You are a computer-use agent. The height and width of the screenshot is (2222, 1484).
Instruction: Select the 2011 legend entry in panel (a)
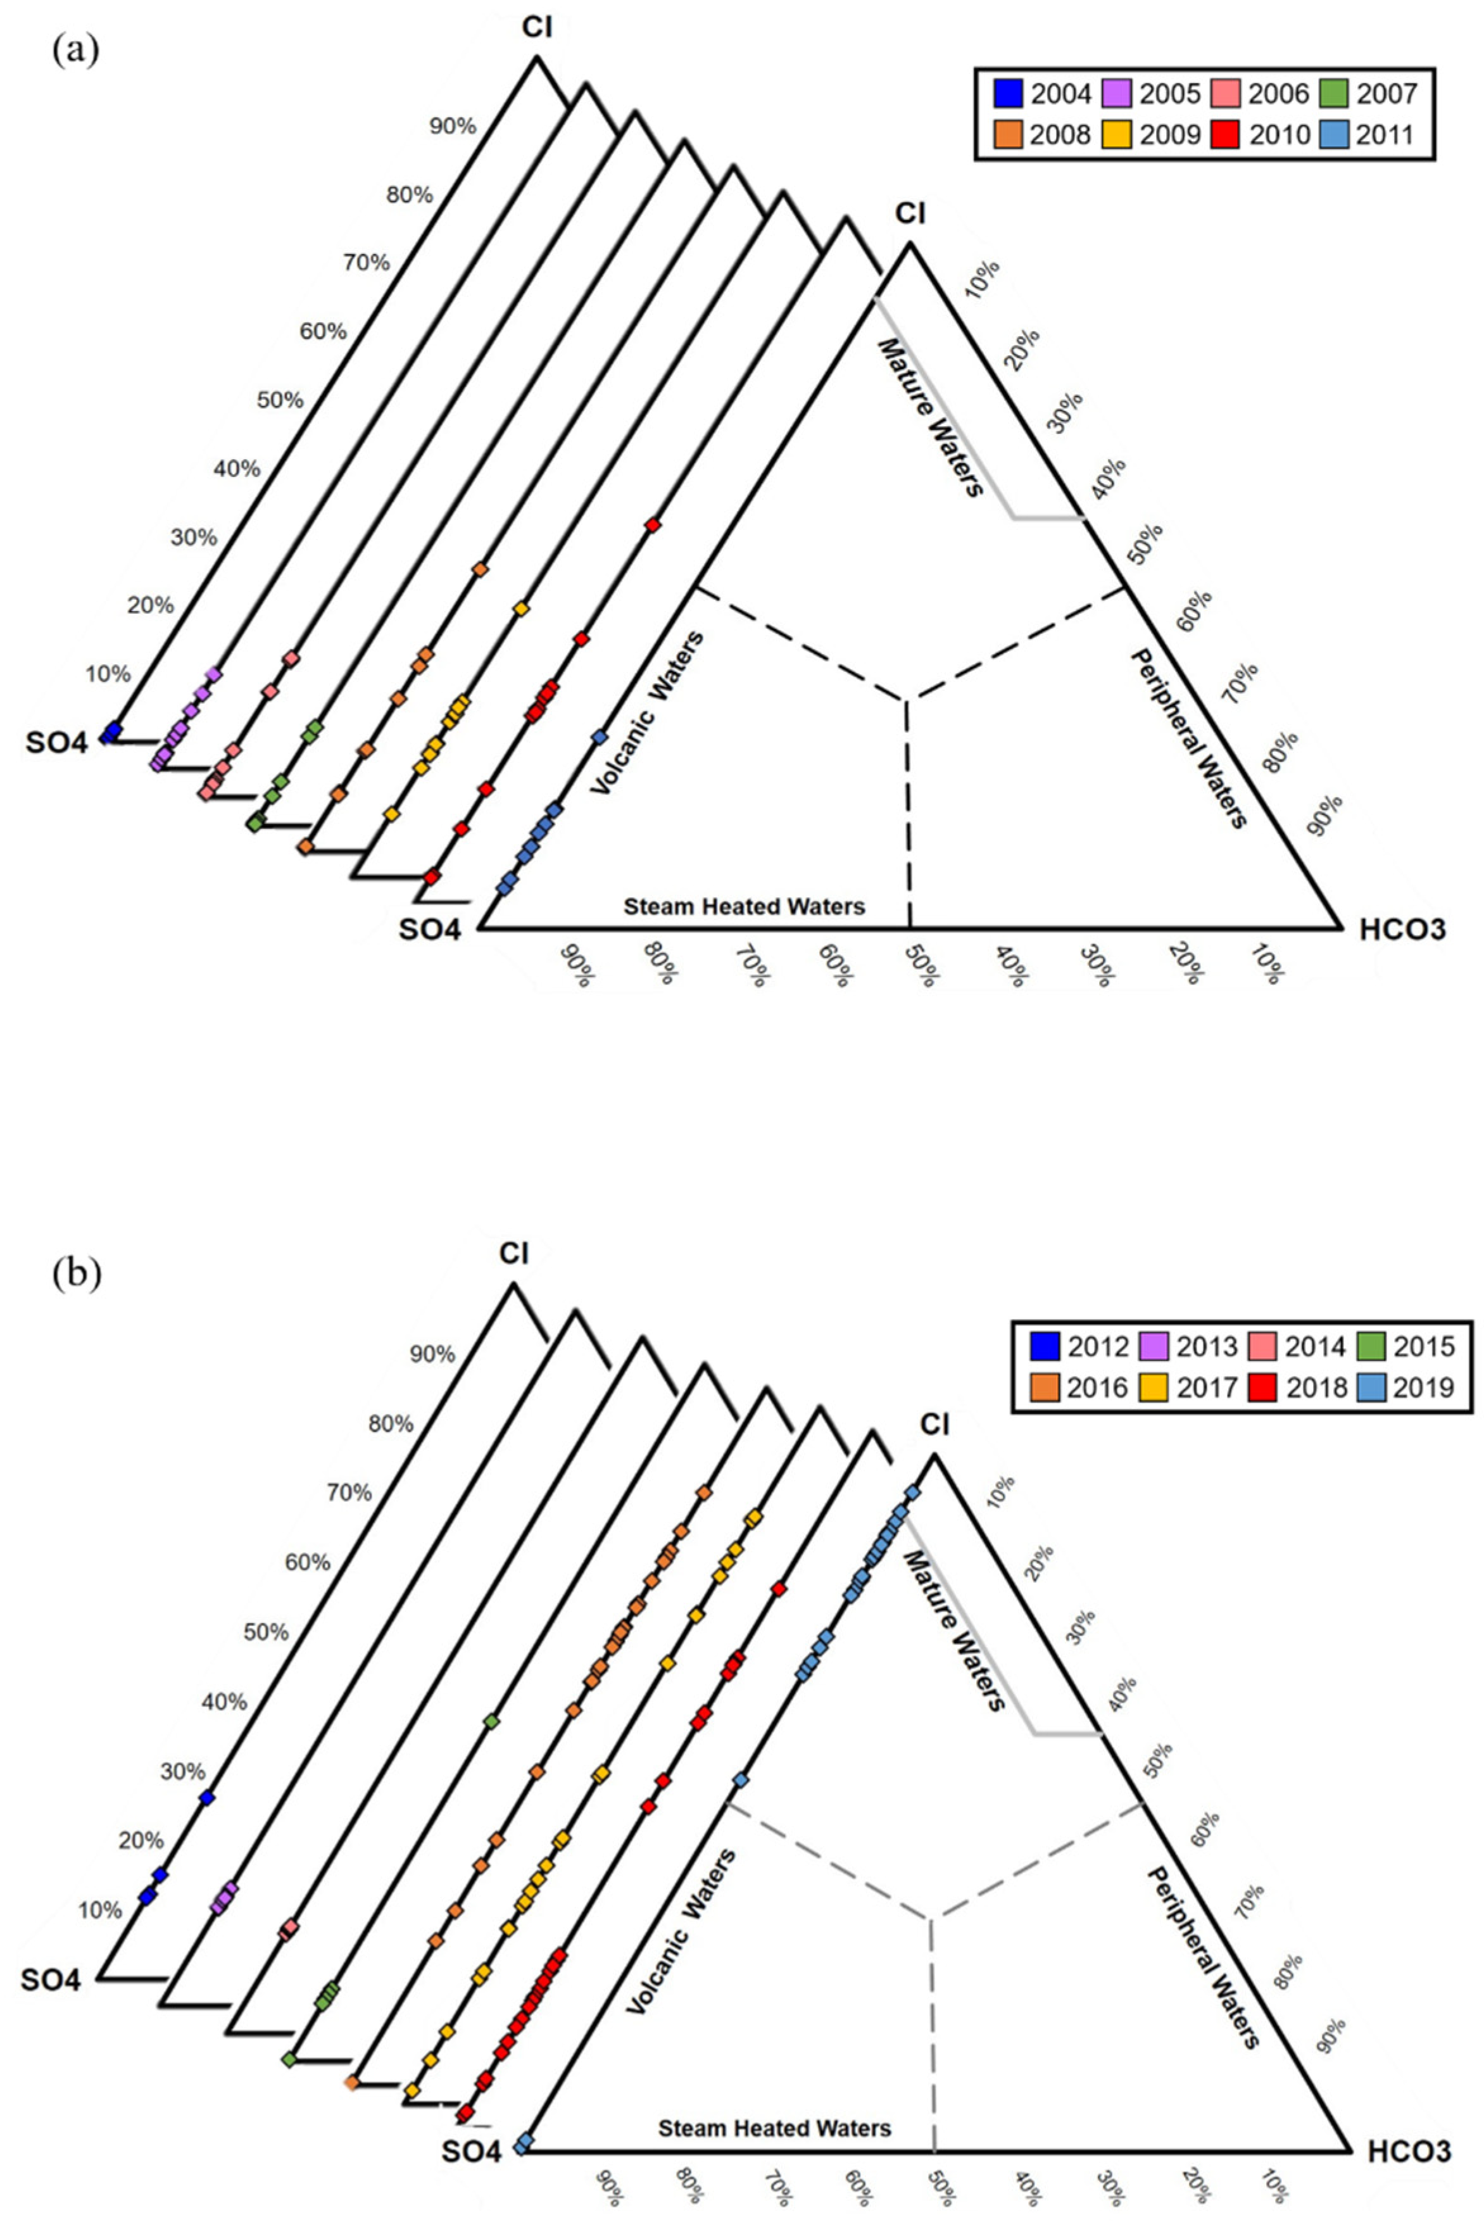coord(1335,134)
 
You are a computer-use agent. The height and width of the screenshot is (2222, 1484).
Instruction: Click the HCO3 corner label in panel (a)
coord(1402,930)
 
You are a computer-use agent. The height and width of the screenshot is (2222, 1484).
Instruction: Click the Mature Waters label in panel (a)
coord(928,417)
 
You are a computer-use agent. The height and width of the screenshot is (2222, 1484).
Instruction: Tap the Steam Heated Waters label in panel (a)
coord(744,907)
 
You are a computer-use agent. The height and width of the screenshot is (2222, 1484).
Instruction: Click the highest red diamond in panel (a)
coord(652,525)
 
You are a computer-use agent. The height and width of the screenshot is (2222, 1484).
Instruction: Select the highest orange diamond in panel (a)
coord(480,570)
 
